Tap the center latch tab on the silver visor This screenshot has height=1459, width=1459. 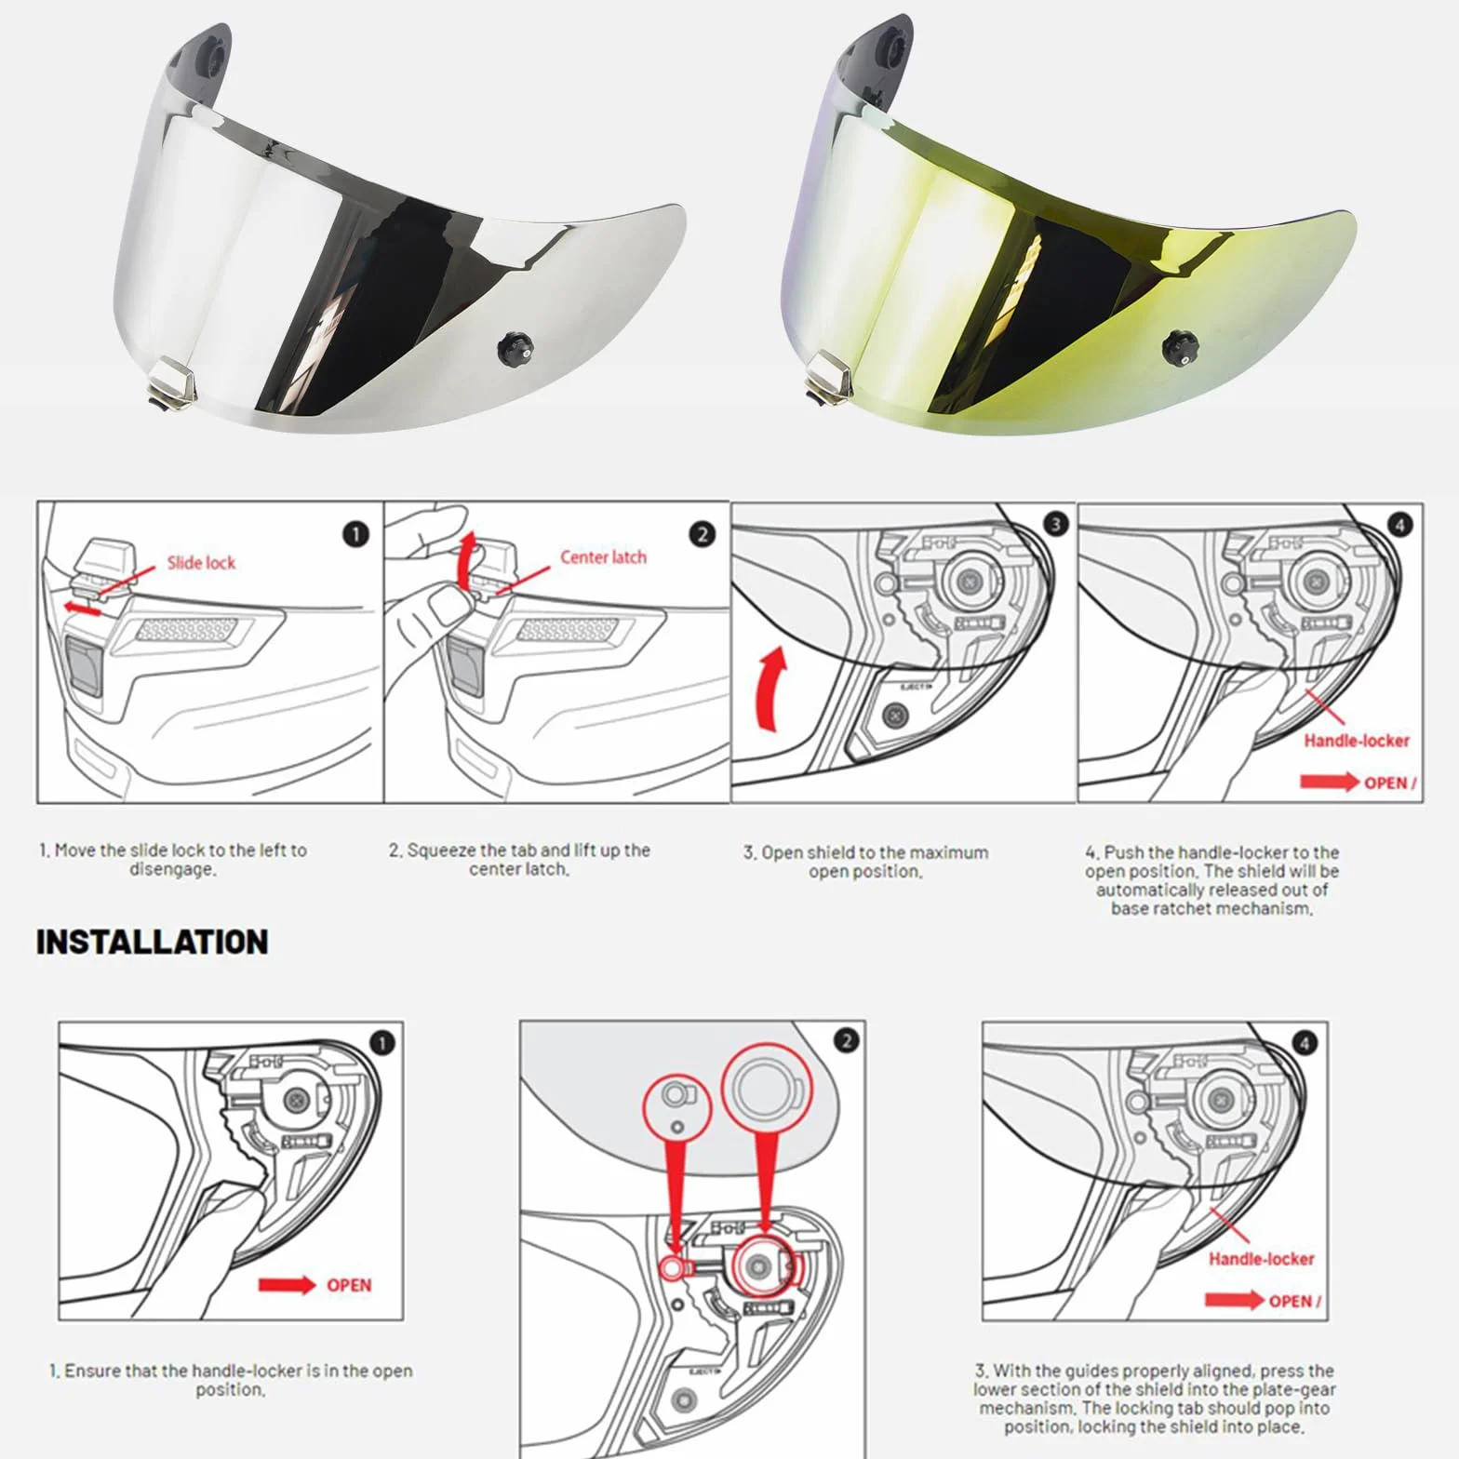point(173,381)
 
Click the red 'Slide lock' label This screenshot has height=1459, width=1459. point(201,562)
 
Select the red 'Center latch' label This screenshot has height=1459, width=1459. point(603,557)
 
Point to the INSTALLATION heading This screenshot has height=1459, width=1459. point(153,942)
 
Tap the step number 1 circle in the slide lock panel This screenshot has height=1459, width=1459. point(355,534)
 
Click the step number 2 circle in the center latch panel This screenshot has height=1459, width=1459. point(703,534)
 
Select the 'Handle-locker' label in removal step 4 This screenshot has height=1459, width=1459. point(1357,741)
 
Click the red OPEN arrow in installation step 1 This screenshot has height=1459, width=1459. point(288,1285)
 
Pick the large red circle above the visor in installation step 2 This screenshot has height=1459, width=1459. point(767,1085)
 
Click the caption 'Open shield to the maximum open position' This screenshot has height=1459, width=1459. point(866,862)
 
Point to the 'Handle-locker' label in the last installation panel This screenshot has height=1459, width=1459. point(1261,1259)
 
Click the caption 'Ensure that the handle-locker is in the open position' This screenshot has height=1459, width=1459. point(231,1380)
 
